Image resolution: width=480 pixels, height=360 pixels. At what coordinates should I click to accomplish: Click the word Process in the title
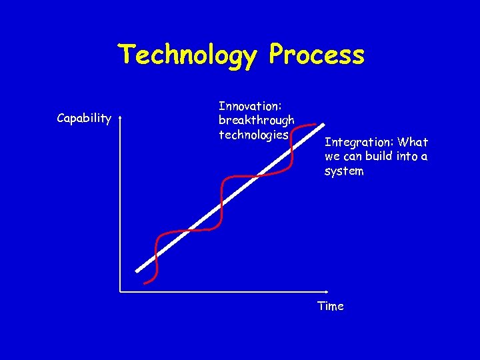[x=317, y=55]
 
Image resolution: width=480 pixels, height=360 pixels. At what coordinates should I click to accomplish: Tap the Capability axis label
[x=84, y=119]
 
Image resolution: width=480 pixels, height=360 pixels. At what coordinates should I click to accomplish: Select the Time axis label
[x=331, y=306]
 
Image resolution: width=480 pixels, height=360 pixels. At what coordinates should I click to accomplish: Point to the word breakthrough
[x=257, y=120]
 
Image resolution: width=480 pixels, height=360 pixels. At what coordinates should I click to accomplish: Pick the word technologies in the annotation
[x=253, y=135]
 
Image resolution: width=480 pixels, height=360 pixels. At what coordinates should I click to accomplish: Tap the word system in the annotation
[x=344, y=171]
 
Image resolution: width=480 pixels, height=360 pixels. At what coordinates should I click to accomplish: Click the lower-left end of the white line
[x=137, y=271]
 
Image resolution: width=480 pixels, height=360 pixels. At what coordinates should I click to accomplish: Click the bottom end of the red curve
[x=145, y=282]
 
